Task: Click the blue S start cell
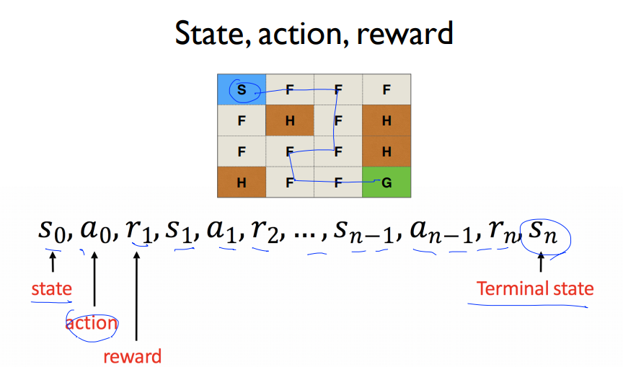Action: (x=242, y=90)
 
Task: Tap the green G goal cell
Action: (x=386, y=182)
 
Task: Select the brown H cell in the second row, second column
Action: (x=290, y=120)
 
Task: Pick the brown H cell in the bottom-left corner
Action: (x=242, y=182)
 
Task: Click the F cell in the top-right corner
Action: (x=386, y=90)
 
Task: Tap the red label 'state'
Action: (x=51, y=289)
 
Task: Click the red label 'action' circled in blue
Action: (x=92, y=323)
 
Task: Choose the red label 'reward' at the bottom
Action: (x=132, y=355)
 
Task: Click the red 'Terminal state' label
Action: (x=535, y=289)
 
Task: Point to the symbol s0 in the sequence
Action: (x=52, y=231)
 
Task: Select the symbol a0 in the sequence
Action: (x=95, y=231)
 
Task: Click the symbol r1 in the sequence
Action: (x=136, y=231)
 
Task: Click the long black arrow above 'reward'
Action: (x=136, y=296)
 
